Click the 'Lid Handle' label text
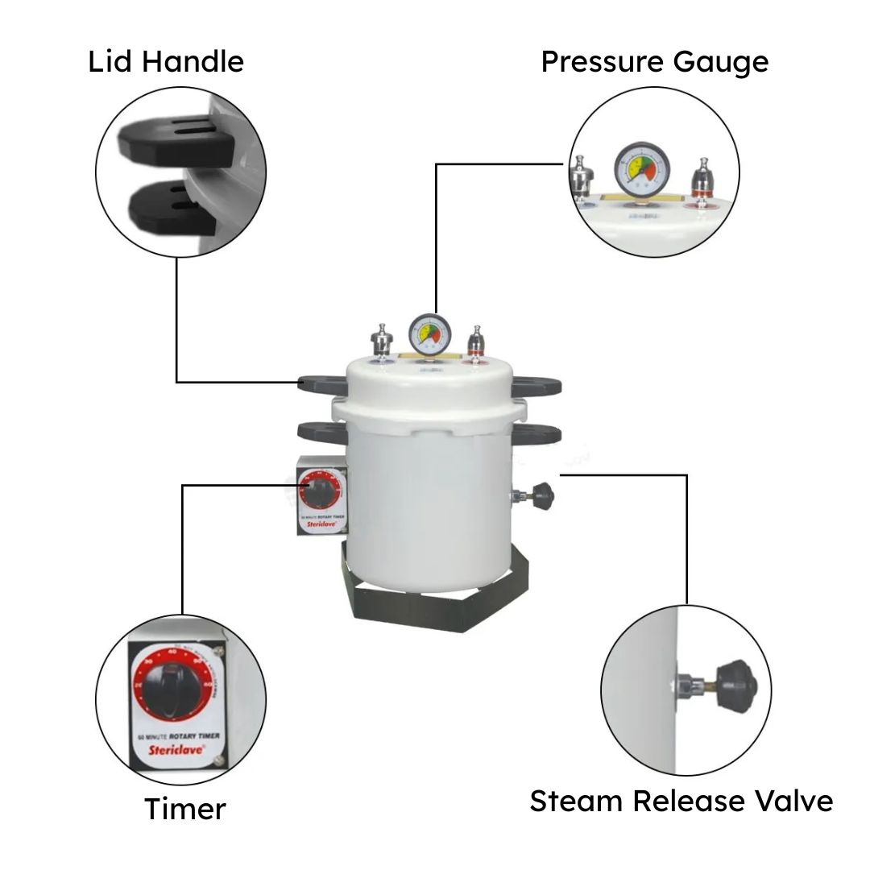pos(166,61)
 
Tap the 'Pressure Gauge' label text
pos(654,61)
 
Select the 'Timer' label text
pos(185,809)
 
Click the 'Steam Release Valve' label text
pos(681,802)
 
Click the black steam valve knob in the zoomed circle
pos(737,684)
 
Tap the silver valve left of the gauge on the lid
pos(379,338)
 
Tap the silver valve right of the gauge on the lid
pos(478,339)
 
